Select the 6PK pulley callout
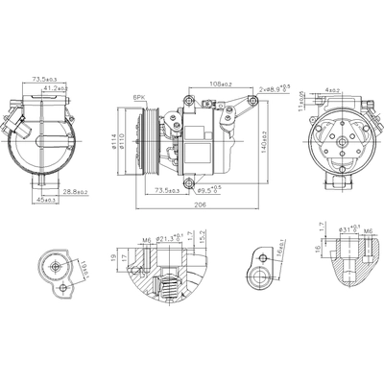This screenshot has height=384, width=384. [x=139, y=98]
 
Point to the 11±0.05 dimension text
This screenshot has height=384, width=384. [x=300, y=101]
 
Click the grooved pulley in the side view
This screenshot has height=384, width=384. [x=149, y=139]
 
